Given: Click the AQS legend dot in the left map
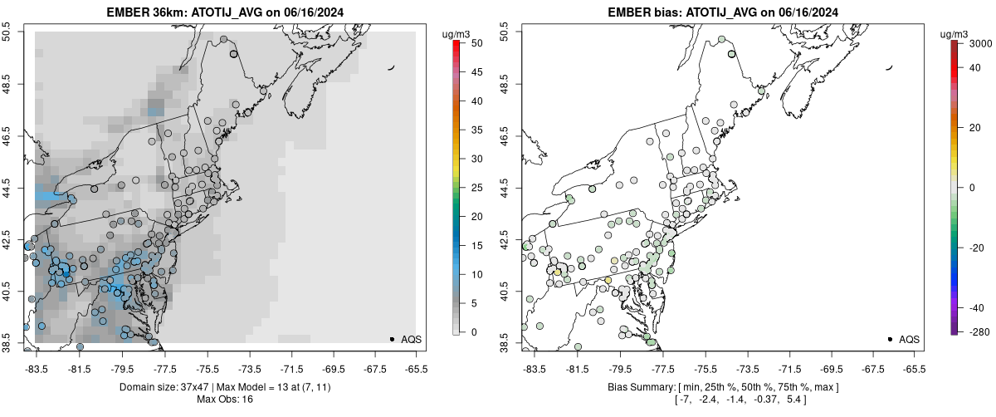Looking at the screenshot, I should coord(392,339).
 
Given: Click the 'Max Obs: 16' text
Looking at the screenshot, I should coord(225,400).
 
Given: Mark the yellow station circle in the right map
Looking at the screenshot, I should coord(558,272).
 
